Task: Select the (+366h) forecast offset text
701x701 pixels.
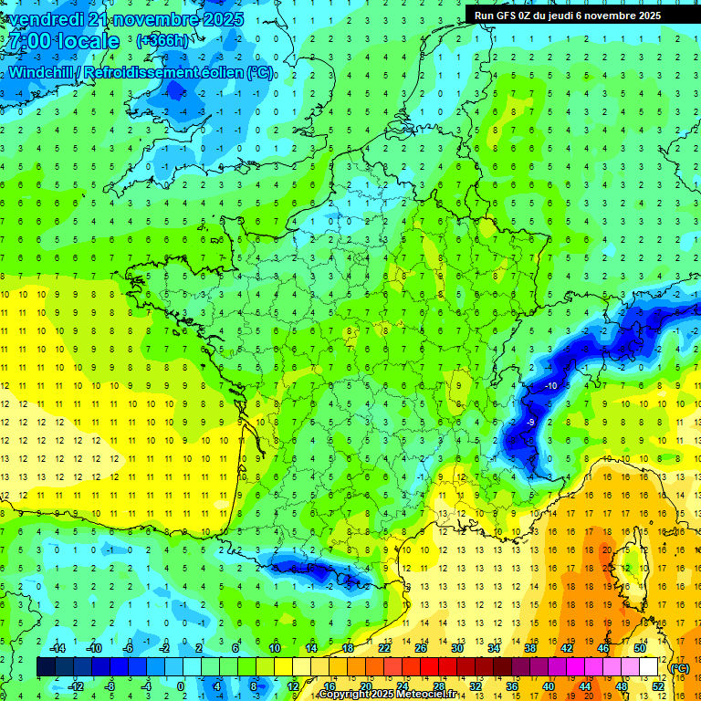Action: tap(163, 41)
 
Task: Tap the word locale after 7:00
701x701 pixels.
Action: tap(88, 41)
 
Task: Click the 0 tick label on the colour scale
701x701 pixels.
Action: tap(180, 686)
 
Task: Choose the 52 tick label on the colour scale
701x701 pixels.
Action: tap(658, 686)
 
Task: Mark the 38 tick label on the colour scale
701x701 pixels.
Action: tap(529, 648)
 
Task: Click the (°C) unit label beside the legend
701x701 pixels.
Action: tap(680, 667)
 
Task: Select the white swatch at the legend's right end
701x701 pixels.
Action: tap(649, 667)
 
